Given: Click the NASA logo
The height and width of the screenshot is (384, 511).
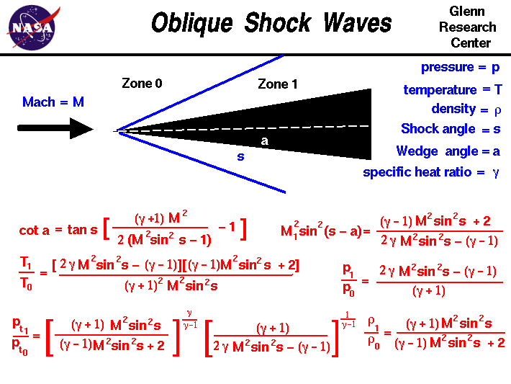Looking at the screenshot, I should click(x=31, y=27).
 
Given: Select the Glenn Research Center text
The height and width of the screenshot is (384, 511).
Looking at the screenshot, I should click(x=472, y=27).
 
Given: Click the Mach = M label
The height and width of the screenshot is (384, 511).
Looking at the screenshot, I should click(x=53, y=102).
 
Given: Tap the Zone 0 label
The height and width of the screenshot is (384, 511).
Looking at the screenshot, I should click(x=142, y=84).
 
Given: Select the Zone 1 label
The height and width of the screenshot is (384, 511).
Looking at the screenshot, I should click(x=278, y=84).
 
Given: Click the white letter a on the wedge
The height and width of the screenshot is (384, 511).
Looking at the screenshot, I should click(x=264, y=141).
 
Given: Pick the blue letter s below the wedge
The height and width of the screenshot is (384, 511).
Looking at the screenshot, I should click(x=240, y=156).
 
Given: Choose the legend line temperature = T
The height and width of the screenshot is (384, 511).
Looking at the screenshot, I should click(x=452, y=90).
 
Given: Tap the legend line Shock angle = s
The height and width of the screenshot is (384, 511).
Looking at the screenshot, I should click(x=450, y=129).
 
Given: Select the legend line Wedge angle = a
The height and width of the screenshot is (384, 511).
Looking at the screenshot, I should click(x=448, y=151).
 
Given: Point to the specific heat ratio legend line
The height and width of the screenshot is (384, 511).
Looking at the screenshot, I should click(x=430, y=172).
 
